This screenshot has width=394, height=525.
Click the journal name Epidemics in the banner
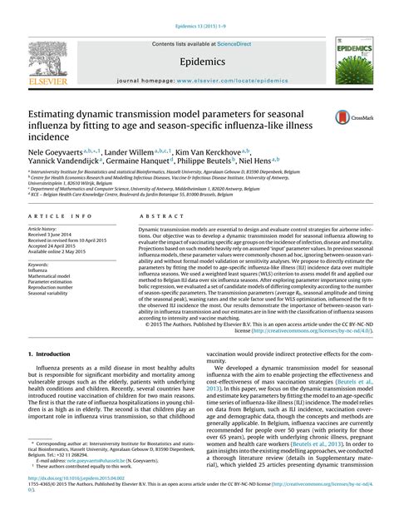[x=196, y=62]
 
